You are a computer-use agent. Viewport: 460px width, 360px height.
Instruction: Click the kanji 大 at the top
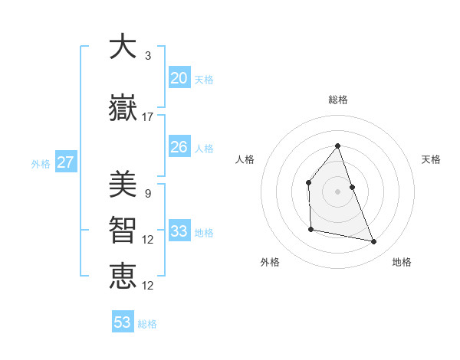[123, 47]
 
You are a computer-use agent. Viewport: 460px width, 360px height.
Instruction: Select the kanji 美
[123, 183]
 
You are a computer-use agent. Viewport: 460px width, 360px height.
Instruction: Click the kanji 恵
[123, 275]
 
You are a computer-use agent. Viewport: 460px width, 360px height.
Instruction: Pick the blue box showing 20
[179, 78]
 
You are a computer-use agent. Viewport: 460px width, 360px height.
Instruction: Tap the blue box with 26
[179, 147]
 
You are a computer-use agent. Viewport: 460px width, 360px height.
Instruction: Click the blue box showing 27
[65, 162]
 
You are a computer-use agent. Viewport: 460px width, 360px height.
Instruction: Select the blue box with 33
[179, 231]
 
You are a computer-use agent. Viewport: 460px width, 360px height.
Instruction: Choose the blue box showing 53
[123, 322]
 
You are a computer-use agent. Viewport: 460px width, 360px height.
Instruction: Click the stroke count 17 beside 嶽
[148, 117]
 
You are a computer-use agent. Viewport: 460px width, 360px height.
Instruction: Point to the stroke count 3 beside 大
[147, 56]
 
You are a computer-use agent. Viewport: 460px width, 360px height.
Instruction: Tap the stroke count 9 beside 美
[147, 194]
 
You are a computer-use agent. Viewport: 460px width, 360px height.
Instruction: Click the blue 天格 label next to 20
[204, 80]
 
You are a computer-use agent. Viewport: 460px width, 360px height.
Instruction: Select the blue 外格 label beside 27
[41, 164]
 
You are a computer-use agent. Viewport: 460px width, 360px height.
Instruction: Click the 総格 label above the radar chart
[337, 100]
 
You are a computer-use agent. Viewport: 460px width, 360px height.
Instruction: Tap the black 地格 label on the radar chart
[402, 263]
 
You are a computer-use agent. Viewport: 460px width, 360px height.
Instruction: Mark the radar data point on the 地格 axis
[374, 242]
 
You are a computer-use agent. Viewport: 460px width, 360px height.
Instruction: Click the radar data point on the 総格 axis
[337, 146]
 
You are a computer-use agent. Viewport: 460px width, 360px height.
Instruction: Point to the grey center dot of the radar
[337, 191]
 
